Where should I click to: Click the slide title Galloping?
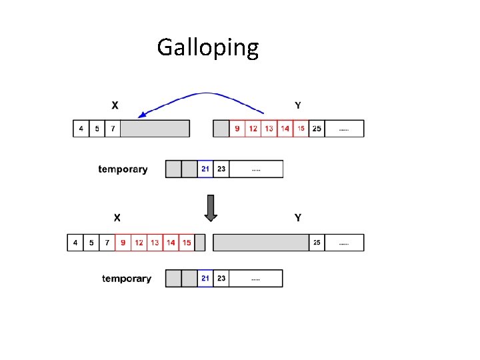[x=207, y=48]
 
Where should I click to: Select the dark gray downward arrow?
[x=211, y=208]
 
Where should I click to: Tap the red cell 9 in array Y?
[x=237, y=128]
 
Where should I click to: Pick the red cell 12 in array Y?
[x=253, y=128]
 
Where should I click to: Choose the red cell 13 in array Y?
[x=269, y=128]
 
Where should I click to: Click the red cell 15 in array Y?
[x=301, y=128]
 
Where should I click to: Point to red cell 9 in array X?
[x=123, y=242]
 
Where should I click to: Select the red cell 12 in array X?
[x=139, y=242]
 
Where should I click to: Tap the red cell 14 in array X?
[x=171, y=242]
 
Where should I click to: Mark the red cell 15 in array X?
[x=187, y=242]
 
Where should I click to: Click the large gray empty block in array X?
[x=155, y=128]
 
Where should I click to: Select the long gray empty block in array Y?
[x=261, y=242]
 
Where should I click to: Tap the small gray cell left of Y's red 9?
[x=221, y=128]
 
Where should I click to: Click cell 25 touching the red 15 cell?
[x=317, y=128]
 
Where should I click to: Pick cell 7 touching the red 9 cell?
[x=107, y=242]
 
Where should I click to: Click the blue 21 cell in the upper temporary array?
[x=205, y=169]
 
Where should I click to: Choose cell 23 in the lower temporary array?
[x=221, y=278]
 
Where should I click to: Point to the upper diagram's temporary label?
[x=123, y=169]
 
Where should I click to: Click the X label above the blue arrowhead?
[x=115, y=105]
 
